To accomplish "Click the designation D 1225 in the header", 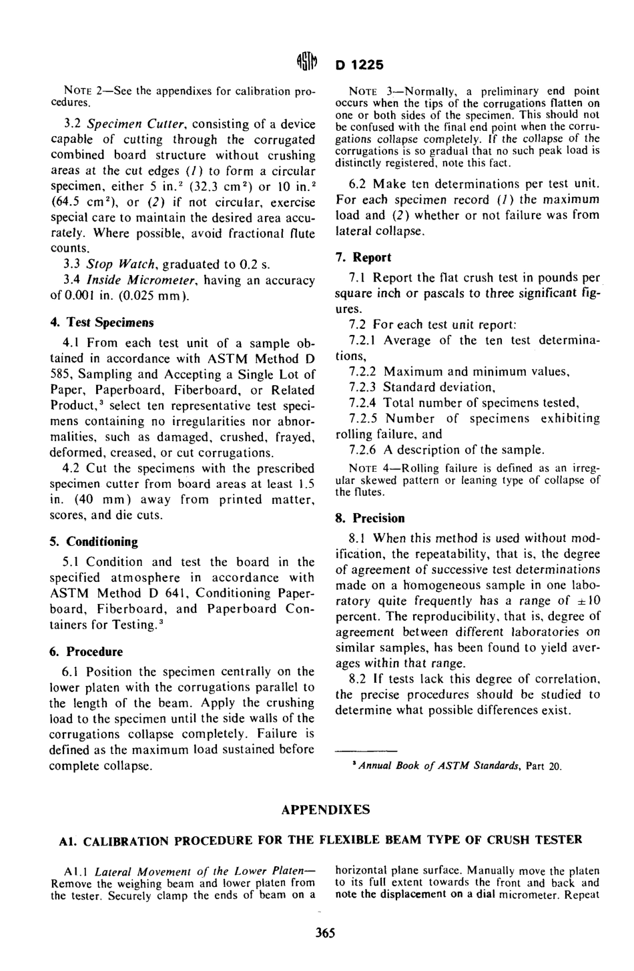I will (x=360, y=65).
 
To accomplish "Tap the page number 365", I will (x=325, y=932).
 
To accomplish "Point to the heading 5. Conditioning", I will (x=93, y=541).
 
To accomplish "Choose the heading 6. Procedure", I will (x=87, y=651).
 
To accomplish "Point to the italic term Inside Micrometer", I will (x=133, y=280).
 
